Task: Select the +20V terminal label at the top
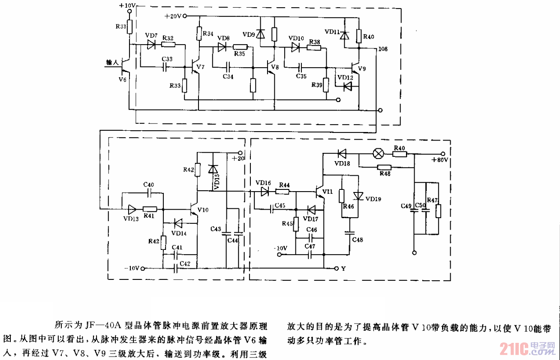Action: [173, 16]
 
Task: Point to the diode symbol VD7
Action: [151, 44]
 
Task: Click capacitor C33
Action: [166, 67]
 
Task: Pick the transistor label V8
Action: [274, 67]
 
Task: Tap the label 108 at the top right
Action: [383, 50]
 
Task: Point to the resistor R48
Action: [384, 168]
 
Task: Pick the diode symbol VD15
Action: [211, 169]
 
